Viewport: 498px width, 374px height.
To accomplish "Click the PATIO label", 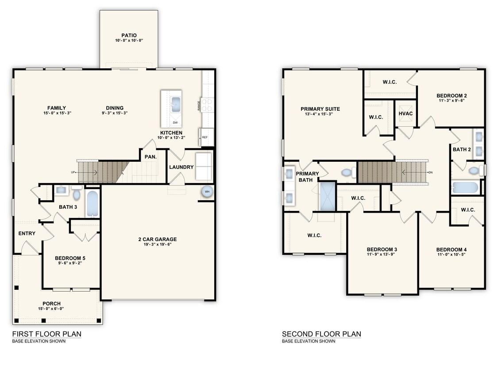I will point(129,35).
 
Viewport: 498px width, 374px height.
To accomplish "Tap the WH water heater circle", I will point(207,192).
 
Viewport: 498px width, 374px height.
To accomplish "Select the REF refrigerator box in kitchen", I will point(206,137).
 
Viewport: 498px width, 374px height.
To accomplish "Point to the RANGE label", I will point(199,105).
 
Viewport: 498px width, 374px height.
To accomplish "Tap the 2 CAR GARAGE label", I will point(157,239).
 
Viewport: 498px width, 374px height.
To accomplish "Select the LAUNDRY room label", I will point(181,167).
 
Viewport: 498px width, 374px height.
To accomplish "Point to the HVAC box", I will point(405,113).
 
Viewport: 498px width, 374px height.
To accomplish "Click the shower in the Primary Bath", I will point(328,195).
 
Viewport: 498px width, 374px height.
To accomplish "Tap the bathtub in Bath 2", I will point(465,187).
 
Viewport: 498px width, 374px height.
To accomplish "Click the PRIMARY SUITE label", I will point(320,109).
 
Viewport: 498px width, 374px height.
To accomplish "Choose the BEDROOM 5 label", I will point(70,258).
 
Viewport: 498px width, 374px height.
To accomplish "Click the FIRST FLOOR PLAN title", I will point(46,334).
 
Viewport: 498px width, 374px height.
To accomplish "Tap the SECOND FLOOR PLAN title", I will point(321,334).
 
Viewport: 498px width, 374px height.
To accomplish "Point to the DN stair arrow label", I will point(430,172).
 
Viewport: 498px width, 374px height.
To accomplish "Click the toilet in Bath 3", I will point(76,193).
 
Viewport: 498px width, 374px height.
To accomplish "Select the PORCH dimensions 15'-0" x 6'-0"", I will point(51,309).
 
